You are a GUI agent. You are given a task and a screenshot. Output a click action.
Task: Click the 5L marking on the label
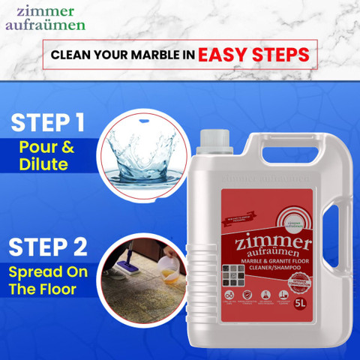(300, 304)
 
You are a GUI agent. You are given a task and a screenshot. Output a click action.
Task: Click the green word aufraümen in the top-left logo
(45, 25)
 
